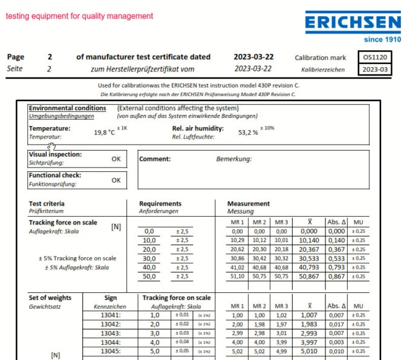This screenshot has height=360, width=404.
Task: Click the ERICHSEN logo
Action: [353, 24]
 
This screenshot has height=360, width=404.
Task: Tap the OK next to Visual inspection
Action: [116, 159]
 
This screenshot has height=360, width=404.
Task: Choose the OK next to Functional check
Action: [116, 180]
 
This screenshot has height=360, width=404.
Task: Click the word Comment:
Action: [155, 159]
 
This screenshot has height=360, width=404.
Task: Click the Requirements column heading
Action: [160, 204]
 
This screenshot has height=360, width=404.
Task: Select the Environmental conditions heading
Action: [68, 108]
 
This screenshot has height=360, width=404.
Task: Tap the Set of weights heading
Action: [50, 298]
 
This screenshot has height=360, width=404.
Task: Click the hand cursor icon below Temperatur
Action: [53, 145]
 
